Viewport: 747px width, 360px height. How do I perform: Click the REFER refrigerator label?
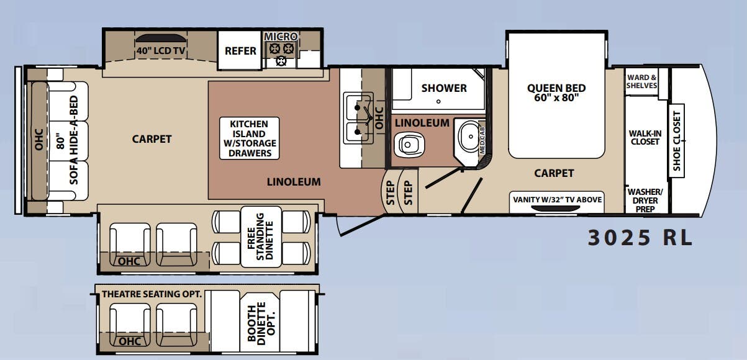[240, 51]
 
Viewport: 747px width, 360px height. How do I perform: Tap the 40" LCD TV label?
[161, 51]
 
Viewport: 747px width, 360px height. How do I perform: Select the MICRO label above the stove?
[281, 37]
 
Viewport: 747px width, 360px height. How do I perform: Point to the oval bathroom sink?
[469, 137]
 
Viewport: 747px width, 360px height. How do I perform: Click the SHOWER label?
[444, 88]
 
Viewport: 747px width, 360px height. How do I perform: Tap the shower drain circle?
[438, 101]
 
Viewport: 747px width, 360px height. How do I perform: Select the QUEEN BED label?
[556, 88]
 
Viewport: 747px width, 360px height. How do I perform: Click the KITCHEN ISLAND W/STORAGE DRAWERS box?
[250, 138]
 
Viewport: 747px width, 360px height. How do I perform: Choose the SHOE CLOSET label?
[677, 141]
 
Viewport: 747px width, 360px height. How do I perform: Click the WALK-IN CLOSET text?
[645, 137]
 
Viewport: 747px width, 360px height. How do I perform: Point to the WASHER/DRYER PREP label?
[645, 200]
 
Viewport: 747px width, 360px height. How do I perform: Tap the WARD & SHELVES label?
[641, 82]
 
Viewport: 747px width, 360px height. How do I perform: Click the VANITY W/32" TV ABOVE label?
[557, 200]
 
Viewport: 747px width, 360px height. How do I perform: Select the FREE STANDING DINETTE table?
[261, 237]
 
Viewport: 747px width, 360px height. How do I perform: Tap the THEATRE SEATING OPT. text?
[152, 294]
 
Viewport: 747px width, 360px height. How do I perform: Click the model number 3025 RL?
[640, 238]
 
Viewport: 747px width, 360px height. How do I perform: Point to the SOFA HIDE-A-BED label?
[73, 140]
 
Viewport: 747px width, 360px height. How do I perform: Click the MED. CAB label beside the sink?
[482, 141]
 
